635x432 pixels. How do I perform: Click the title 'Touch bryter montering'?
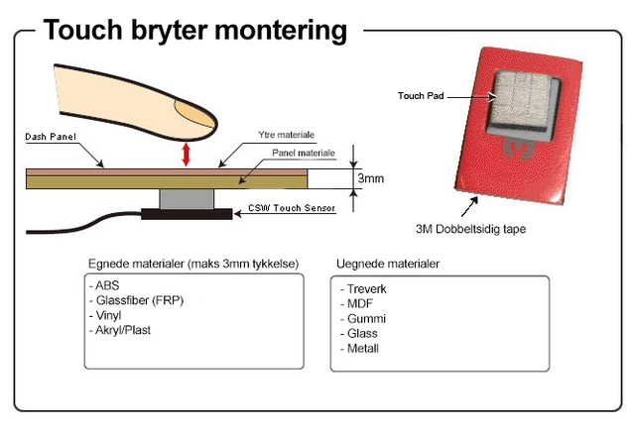194,30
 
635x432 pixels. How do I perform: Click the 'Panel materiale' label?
303,154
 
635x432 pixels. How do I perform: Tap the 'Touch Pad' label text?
419,96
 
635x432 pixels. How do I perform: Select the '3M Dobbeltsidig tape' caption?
469,229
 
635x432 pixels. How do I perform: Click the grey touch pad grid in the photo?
524,100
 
